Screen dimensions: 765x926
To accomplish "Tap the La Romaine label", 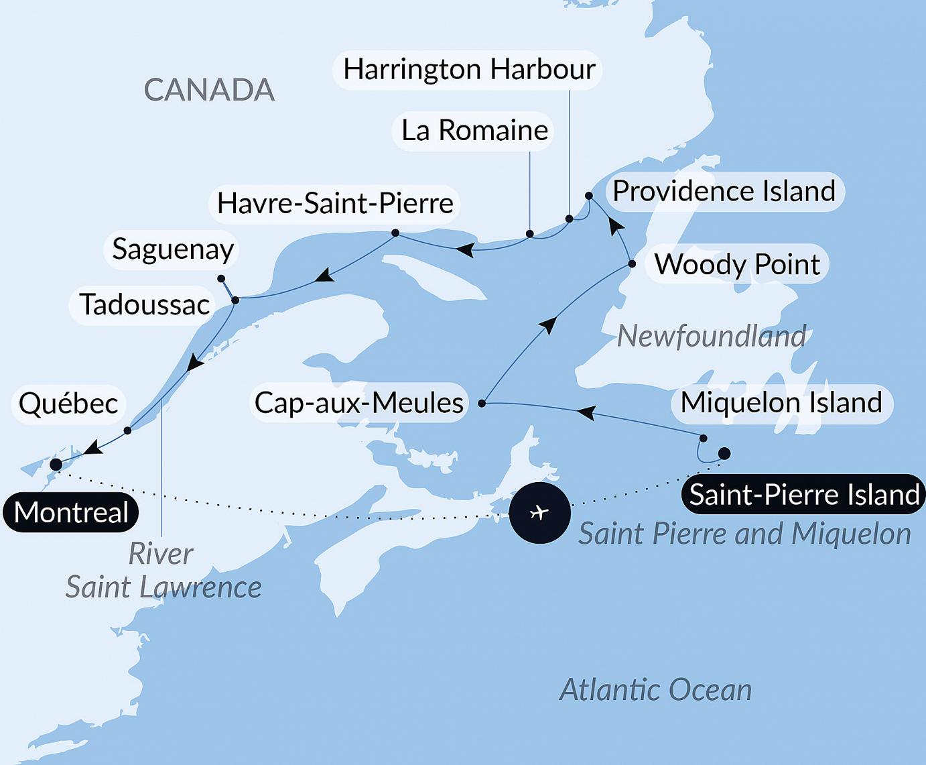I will (x=474, y=130).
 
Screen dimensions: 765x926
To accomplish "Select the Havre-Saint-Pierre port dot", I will (x=395, y=233).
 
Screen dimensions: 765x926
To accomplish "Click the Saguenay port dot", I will (x=221, y=278).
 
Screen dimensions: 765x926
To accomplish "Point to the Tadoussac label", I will (x=144, y=305).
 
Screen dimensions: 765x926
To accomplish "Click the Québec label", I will (x=68, y=404).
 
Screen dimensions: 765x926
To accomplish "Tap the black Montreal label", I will (x=70, y=512).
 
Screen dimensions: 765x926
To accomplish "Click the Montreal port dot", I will (x=56, y=465).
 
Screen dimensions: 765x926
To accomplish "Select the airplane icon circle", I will (x=539, y=513).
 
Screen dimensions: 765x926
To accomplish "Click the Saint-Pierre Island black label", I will (x=803, y=495).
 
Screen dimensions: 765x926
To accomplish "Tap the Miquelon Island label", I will (x=781, y=403).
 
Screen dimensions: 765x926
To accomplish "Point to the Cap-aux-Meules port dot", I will (x=482, y=404).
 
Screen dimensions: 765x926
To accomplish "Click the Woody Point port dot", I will (x=631, y=264).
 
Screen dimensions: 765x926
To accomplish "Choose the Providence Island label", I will (x=724, y=192).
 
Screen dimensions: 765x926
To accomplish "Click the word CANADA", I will (x=209, y=91).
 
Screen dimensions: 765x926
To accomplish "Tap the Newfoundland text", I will (x=711, y=337).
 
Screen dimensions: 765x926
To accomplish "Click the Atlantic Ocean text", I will (x=655, y=690).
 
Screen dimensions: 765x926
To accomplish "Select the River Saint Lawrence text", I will (x=163, y=571).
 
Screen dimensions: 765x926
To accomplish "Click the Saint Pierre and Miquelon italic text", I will (x=744, y=535).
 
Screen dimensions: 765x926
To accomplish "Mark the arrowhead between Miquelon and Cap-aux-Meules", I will (x=586, y=412).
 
